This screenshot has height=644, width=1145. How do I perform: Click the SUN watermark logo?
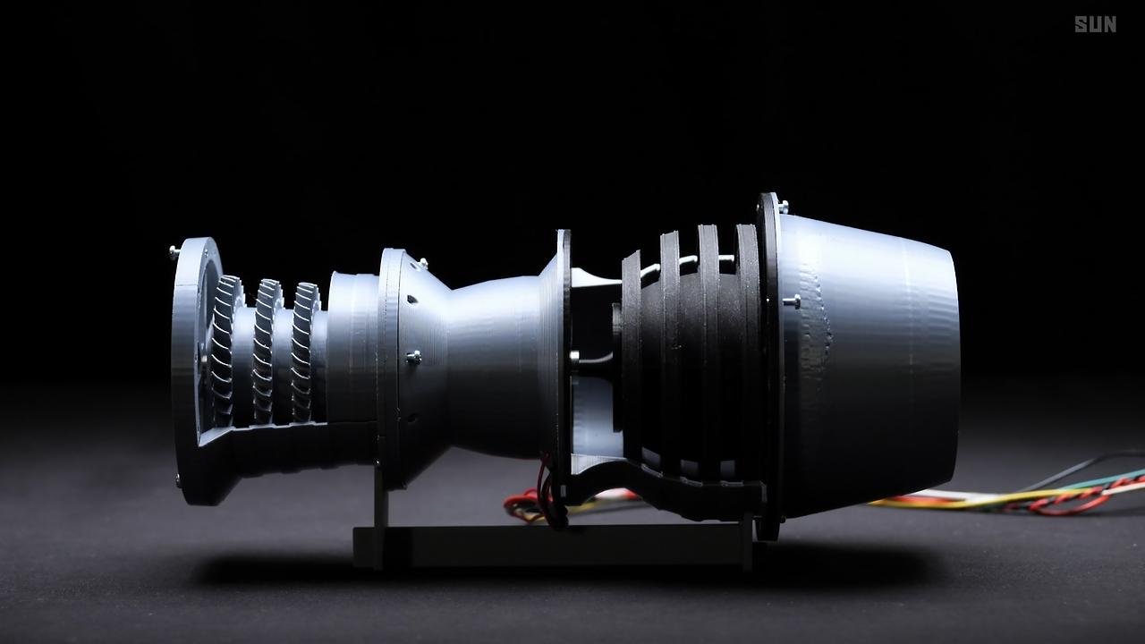point(1095,24)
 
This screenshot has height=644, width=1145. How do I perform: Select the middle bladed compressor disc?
point(266,352)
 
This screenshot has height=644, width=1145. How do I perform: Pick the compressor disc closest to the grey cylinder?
point(305,352)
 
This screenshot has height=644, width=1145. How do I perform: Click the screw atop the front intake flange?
point(174,251)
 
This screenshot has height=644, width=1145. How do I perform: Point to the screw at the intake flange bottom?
point(178,480)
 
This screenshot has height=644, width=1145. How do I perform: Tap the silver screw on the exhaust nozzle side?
point(792,301)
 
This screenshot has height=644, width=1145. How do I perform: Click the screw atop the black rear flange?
point(783,206)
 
